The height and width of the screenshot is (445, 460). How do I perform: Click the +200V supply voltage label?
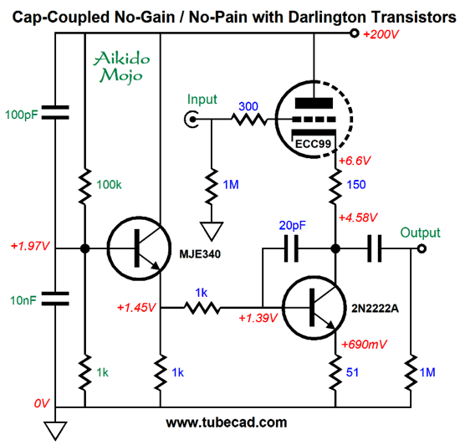point(381,34)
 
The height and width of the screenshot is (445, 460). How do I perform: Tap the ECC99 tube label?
point(313,144)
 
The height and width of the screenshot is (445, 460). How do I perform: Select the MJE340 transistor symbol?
point(139,248)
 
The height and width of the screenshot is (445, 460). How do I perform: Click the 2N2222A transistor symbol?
point(314,307)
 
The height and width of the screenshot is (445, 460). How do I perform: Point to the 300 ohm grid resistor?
point(249,120)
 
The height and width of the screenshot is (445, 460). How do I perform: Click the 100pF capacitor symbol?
point(55,112)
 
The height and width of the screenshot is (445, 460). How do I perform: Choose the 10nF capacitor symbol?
point(55,299)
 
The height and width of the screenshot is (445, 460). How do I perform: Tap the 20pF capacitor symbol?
point(291,248)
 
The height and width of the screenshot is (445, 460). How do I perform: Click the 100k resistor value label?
point(109,185)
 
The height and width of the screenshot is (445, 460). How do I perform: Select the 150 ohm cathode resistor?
point(335,187)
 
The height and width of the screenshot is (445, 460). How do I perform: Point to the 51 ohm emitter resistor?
point(335,372)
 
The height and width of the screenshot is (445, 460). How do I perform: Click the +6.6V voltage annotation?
point(355,161)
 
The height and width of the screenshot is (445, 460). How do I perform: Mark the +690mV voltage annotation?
point(364,344)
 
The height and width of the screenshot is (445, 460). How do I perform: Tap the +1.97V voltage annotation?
point(30,246)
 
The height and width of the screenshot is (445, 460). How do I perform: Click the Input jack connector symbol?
point(192,120)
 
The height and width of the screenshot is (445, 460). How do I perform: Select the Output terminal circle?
point(422,248)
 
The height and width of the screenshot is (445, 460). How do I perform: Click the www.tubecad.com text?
point(227,422)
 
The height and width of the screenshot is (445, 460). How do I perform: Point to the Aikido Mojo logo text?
point(121,67)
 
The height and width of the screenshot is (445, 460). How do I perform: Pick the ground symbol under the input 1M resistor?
point(212,232)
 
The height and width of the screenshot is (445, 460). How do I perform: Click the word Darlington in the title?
point(327,17)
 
